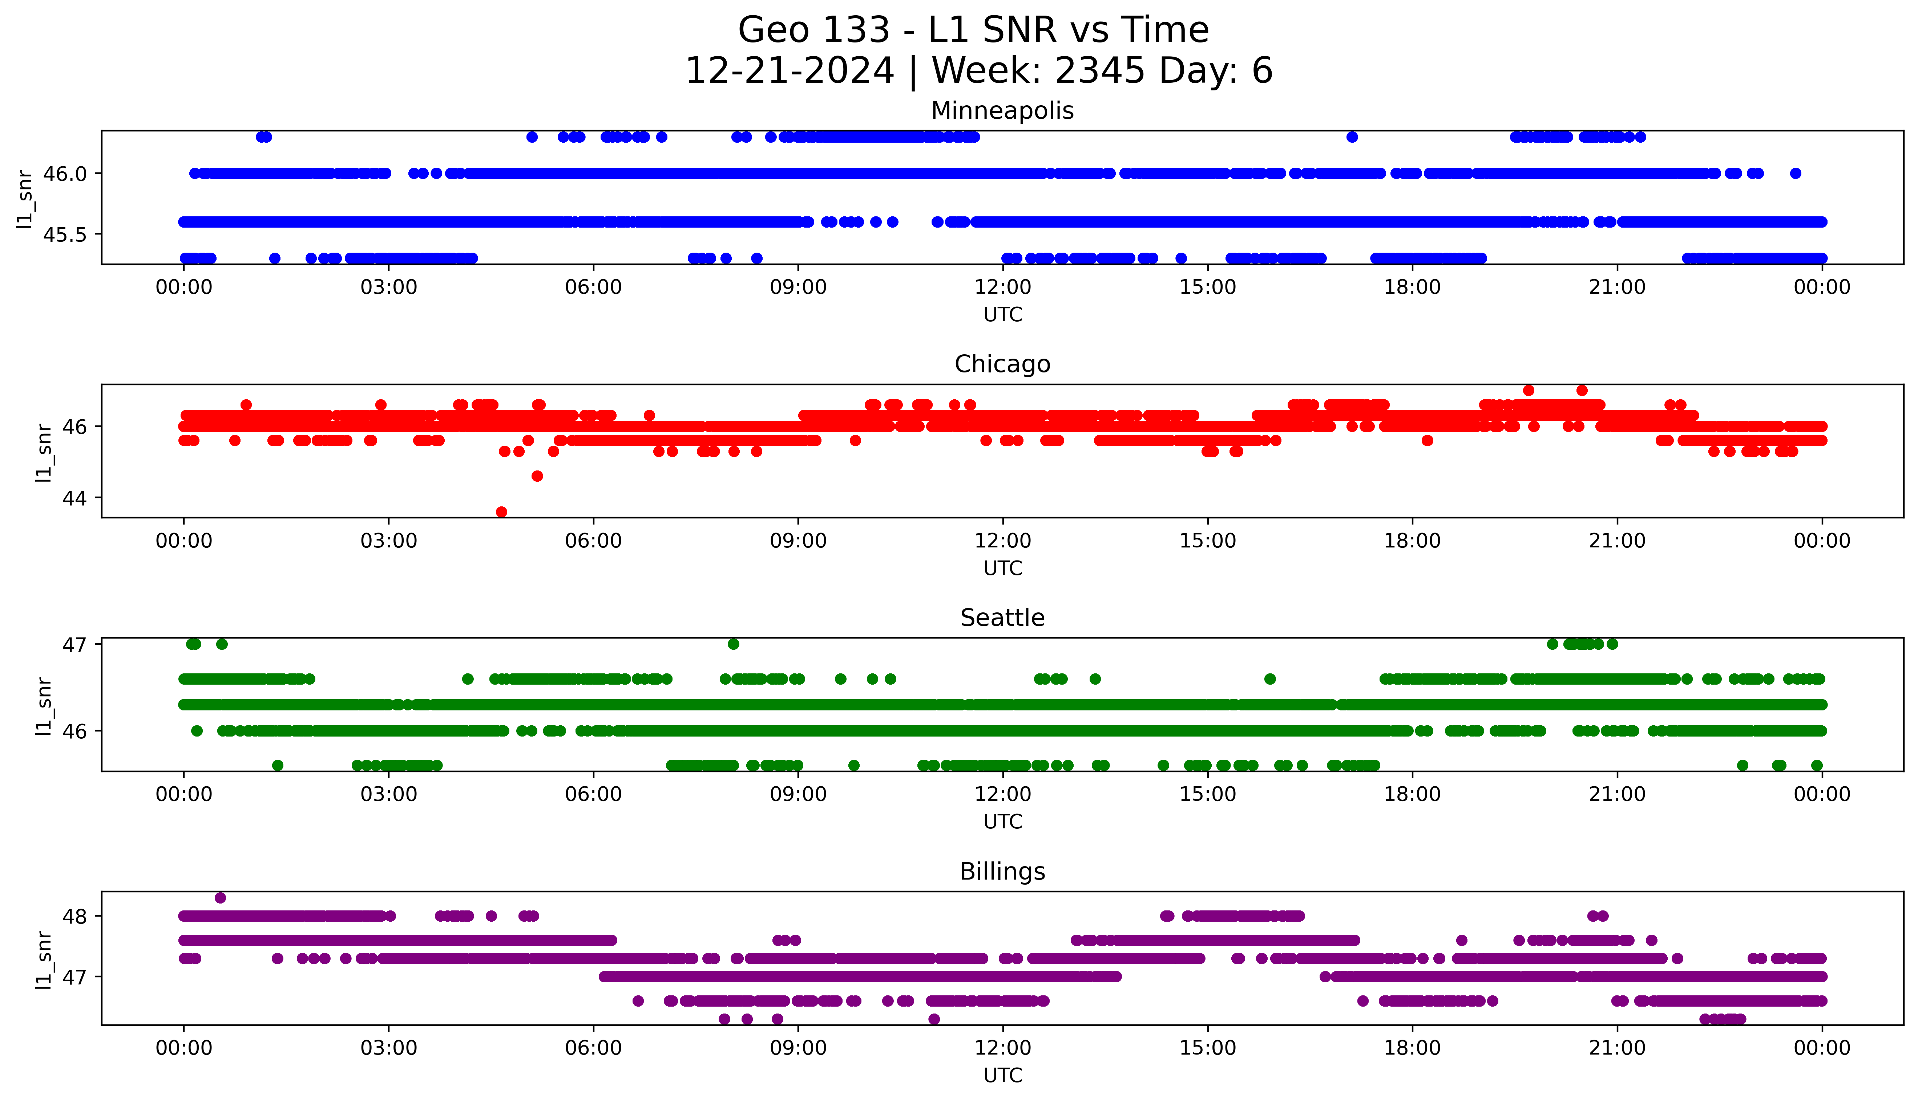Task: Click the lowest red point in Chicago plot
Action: (x=501, y=512)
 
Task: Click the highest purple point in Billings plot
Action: (x=220, y=898)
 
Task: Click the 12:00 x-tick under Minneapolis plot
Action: (x=1002, y=288)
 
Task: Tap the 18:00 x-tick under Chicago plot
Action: (x=1412, y=541)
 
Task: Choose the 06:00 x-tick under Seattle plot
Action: (x=593, y=794)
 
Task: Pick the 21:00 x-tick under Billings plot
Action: (x=1617, y=1048)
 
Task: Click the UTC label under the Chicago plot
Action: (x=1002, y=568)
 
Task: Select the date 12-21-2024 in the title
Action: (x=789, y=71)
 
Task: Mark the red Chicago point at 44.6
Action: (x=537, y=476)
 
